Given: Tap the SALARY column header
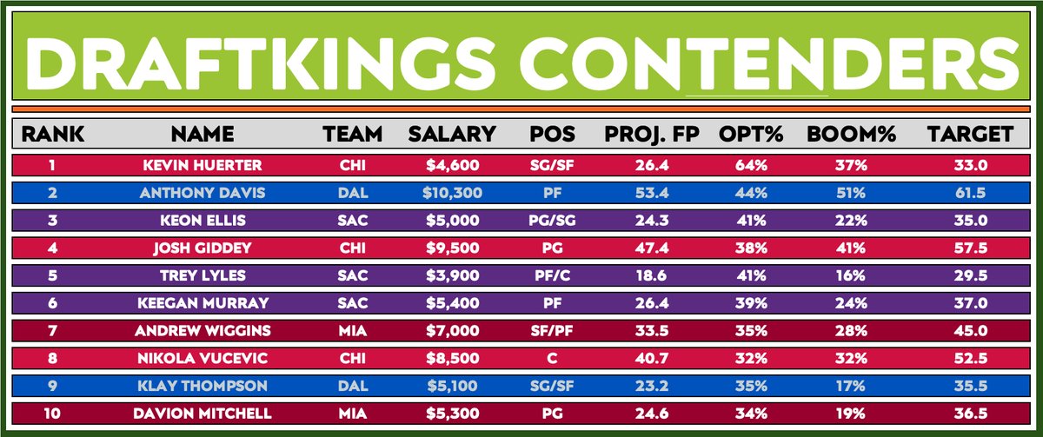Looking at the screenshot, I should (452, 135).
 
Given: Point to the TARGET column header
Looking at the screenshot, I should (969, 135).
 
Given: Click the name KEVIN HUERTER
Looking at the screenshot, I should (202, 165).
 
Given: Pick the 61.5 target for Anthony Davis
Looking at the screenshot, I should (970, 192).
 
